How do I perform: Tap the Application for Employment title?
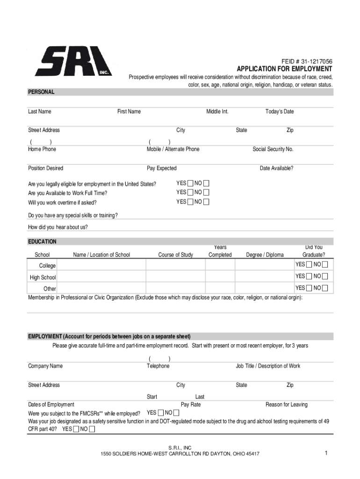coord(284,69)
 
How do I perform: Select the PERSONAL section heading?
coord(41,92)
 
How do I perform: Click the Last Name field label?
coord(40,111)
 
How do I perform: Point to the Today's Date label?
coord(280,111)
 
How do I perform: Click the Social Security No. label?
coord(273,149)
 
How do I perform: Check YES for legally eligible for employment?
coord(190,183)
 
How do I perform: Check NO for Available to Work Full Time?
coord(206,192)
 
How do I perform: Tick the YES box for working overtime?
coord(190,202)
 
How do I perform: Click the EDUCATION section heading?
coord(42,242)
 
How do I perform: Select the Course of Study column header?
coord(175,255)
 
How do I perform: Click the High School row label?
coord(43,277)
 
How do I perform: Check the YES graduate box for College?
coord(309,265)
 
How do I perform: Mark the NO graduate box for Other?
coord(325,288)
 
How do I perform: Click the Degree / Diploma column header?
coord(265,255)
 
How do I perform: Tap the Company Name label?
coord(45,366)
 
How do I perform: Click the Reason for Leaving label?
coord(287,405)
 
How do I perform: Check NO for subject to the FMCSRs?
coord(177,413)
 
